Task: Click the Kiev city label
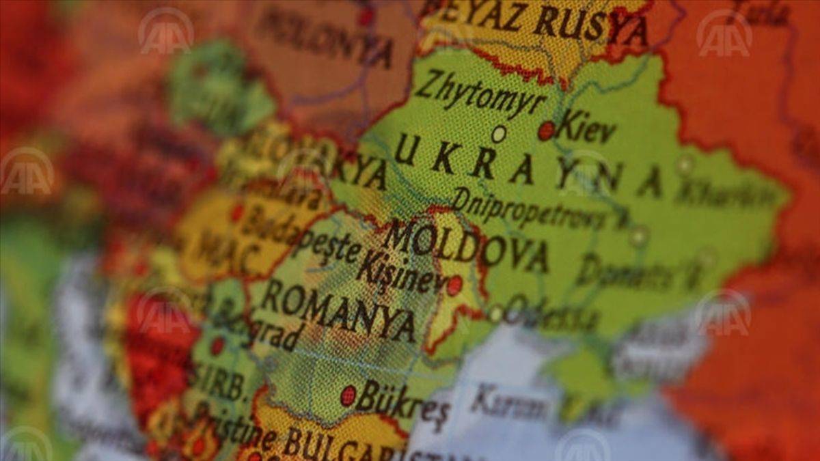pos(586,129)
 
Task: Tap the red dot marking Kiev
pos(546,130)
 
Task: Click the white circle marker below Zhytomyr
pos(499,134)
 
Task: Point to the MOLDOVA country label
pos(465,247)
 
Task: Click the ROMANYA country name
pos(339,311)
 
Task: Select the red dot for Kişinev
pos(454,285)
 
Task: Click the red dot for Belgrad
pos(217,346)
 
